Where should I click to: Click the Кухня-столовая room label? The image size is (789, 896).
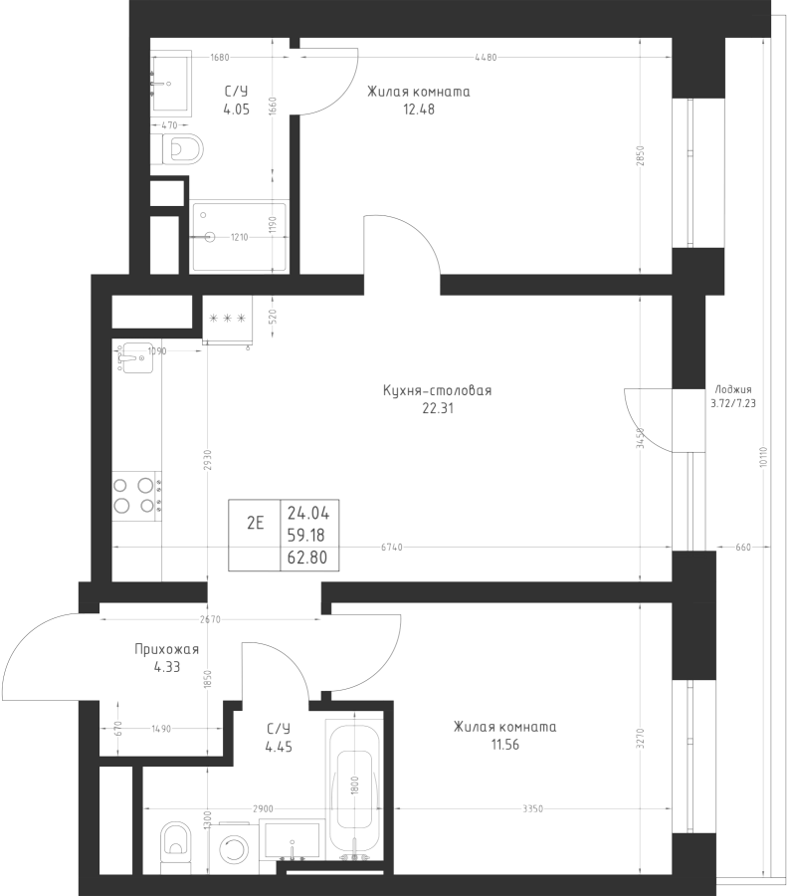[438, 391]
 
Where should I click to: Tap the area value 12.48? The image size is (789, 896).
[419, 110]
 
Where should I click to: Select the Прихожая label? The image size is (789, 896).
[167, 649]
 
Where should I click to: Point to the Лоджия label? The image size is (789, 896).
[733, 389]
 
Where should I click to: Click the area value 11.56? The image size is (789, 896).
[504, 745]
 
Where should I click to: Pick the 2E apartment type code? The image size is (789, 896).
[255, 523]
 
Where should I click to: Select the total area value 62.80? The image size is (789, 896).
[307, 558]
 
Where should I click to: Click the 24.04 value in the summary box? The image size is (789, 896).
[308, 513]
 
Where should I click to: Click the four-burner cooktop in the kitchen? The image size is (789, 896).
[137, 496]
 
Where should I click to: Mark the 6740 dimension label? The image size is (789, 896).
[392, 548]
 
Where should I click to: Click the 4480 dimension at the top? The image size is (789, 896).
[486, 57]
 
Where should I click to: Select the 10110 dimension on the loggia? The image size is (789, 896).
[764, 457]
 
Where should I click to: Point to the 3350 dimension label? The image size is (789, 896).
[532, 809]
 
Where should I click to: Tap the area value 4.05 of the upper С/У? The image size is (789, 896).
[237, 110]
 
